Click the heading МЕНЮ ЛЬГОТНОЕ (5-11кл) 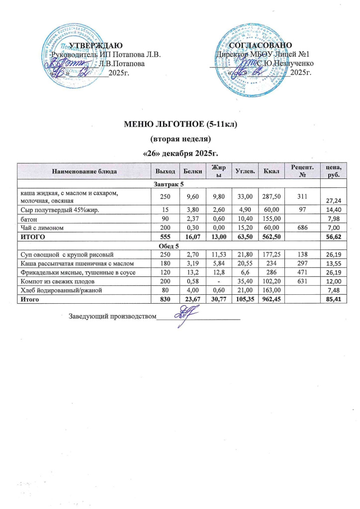pyautogui.click(x=180, y=124)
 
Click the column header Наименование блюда pyautogui.click(x=84, y=171)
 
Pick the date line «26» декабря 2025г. pyautogui.click(x=180, y=151)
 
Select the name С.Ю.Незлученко pyautogui.click(x=285, y=64)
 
